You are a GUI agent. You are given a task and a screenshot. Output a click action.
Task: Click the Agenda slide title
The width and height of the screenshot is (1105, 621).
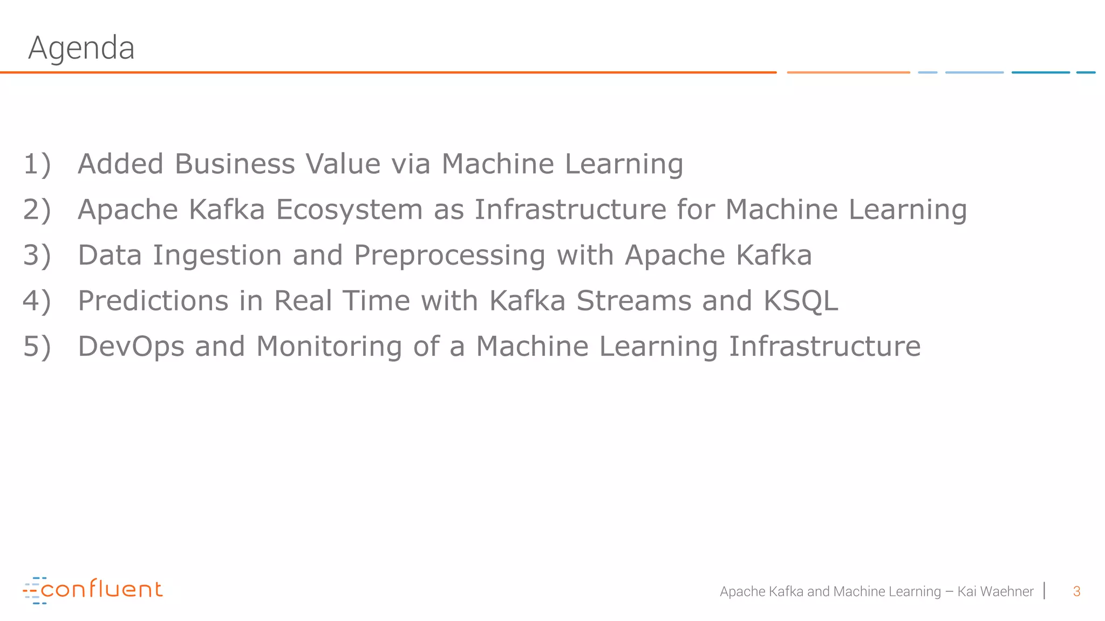click(81, 48)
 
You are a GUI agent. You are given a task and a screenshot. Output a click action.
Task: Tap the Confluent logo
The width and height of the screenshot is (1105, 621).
click(93, 590)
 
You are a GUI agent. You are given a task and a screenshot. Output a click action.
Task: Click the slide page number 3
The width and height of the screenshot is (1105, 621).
click(1076, 591)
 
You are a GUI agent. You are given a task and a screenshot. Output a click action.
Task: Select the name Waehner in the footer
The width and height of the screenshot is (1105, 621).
click(1006, 591)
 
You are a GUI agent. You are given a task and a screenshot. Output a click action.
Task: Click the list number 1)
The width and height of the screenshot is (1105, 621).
click(37, 164)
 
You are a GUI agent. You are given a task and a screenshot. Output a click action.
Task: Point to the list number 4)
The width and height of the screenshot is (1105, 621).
click(37, 301)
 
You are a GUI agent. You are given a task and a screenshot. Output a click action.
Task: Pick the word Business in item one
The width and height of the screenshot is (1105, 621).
click(235, 164)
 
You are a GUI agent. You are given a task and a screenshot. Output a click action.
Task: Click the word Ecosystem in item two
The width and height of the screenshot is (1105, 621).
click(349, 210)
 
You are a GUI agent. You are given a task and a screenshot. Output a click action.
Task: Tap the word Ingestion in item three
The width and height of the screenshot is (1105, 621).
click(217, 256)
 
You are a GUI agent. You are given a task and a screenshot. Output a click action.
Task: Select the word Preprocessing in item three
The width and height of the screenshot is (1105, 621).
click(449, 256)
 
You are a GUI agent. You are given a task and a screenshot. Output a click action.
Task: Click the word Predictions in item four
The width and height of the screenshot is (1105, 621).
click(153, 301)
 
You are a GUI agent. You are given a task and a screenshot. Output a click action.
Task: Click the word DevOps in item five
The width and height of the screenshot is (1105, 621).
click(131, 346)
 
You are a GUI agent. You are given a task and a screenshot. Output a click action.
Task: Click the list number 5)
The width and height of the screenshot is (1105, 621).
click(37, 346)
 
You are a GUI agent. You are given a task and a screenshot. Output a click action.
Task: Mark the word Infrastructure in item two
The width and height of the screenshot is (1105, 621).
click(570, 210)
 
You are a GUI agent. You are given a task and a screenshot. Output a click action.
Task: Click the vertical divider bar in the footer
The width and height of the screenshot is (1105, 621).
click(1045, 591)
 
